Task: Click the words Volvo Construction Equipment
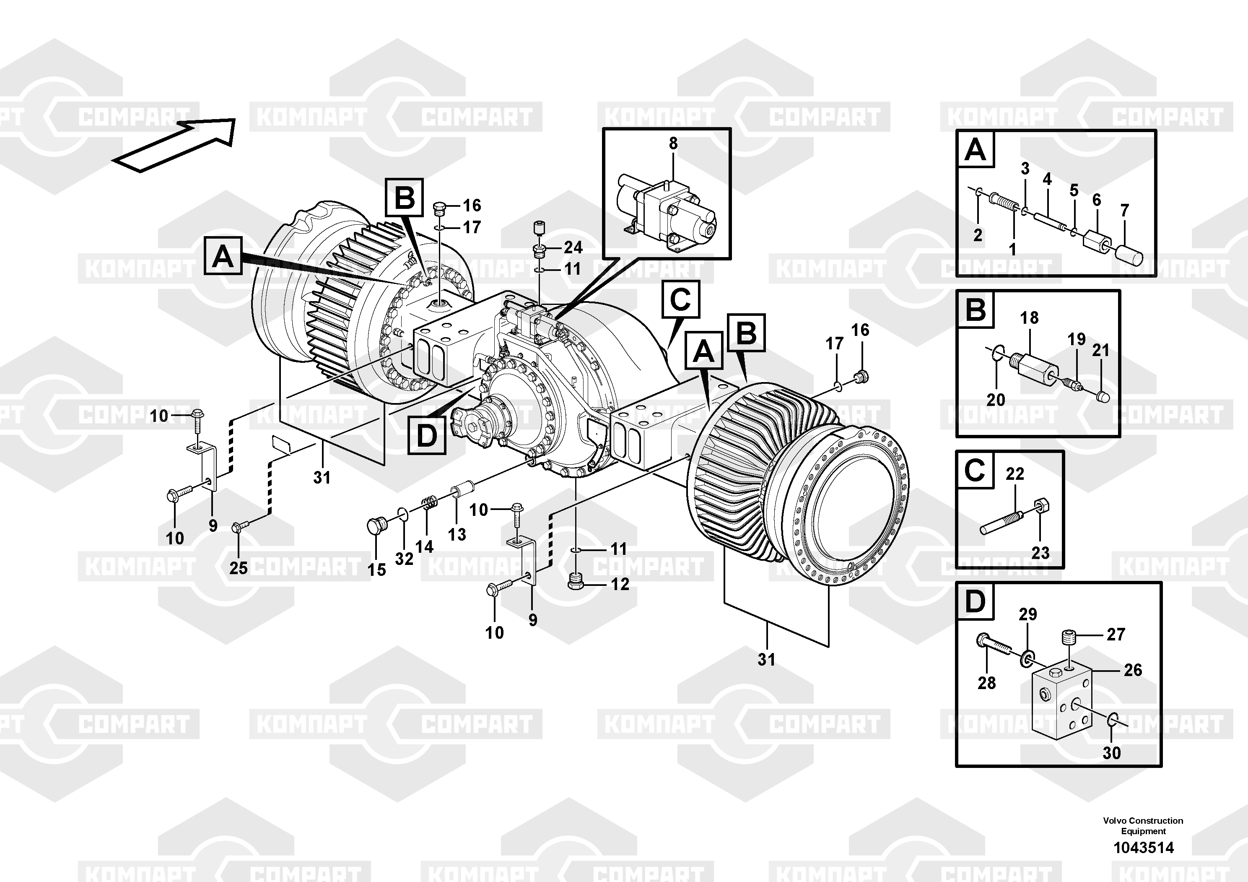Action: click(1143, 826)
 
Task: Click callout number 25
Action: click(239, 568)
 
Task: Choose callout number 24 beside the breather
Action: click(573, 248)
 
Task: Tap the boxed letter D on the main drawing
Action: click(427, 435)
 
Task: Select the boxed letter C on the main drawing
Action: click(680, 299)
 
